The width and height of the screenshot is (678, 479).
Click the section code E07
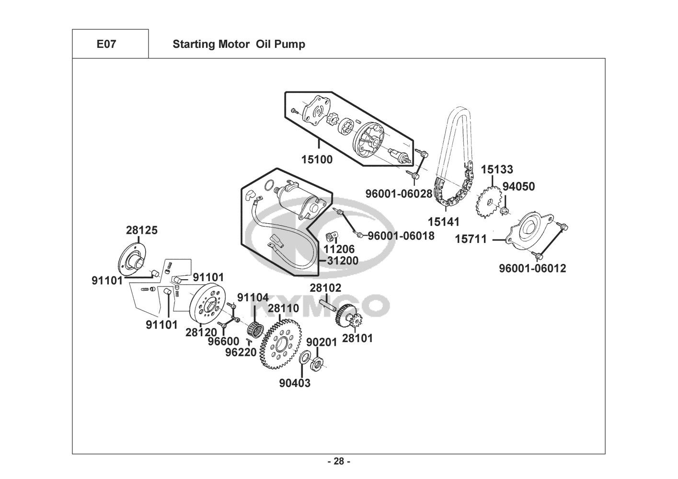point(106,45)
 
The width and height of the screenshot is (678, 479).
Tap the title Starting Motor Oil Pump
point(239,45)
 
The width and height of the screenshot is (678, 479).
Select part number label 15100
point(317,159)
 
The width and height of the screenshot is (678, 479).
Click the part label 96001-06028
point(399,194)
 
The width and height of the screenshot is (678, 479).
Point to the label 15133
point(497,170)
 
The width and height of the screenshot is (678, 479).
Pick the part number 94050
point(518,186)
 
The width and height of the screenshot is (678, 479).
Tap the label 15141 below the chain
point(443,222)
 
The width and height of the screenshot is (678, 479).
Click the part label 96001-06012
point(532,268)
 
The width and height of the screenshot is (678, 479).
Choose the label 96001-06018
point(401,236)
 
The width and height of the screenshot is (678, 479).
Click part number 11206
point(339,249)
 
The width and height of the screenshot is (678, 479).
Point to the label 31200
point(343,261)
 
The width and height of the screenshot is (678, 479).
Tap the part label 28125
point(142,230)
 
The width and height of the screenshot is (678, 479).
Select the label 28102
point(325,288)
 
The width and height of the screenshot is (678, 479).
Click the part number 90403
point(295,383)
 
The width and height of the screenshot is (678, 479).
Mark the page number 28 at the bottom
point(339,462)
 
